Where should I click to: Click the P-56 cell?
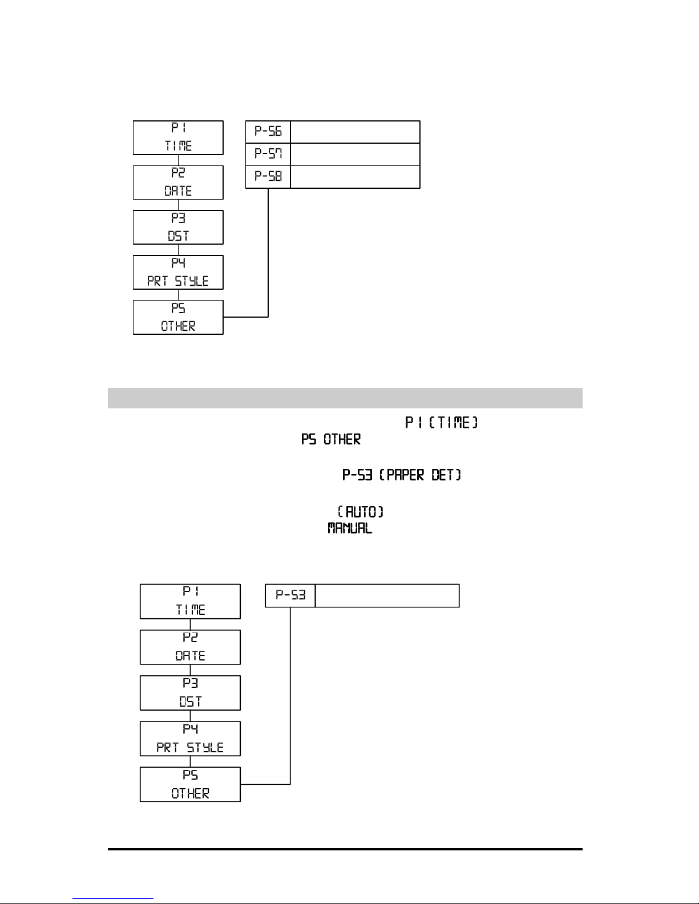pyautogui.click(x=268, y=132)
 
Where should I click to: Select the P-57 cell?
pyautogui.click(x=268, y=154)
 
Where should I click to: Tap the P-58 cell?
pyautogui.click(x=268, y=177)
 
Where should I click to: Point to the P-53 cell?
pyautogui.click(x=290, y=595)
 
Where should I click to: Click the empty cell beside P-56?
pyautogui.click(x=355, y=132)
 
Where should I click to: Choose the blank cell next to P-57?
pyautogui.click(x=355, y=154)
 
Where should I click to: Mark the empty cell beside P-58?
pyautogui.click(x=355, y=177)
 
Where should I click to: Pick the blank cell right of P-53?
pyautogui.click(x=387, y=595)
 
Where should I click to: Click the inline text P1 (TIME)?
pyautogui.click(x=441, y=423)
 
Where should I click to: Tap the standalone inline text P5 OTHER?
pyautogui.click(x=331, y=440)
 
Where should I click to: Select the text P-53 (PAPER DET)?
pyautogui.click(x=402, y=475)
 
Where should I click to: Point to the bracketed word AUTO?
pyautogui.click(x=361, y=512)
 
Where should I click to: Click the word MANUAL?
pyautogui.click(x=350, y=529)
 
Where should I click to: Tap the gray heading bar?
pyautogui.click(x=345, y=398)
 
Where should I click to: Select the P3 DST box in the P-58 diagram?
pyautogui.click(x=178, y=227)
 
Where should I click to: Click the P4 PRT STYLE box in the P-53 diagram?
pyautogui.click(x=190, y=739)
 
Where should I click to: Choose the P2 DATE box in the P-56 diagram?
pyautogui.click(x=178, y=183)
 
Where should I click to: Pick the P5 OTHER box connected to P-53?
pyautogui.click(x=190, y=784)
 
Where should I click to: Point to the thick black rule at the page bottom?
pyautogui.click(x=345, y=850)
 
